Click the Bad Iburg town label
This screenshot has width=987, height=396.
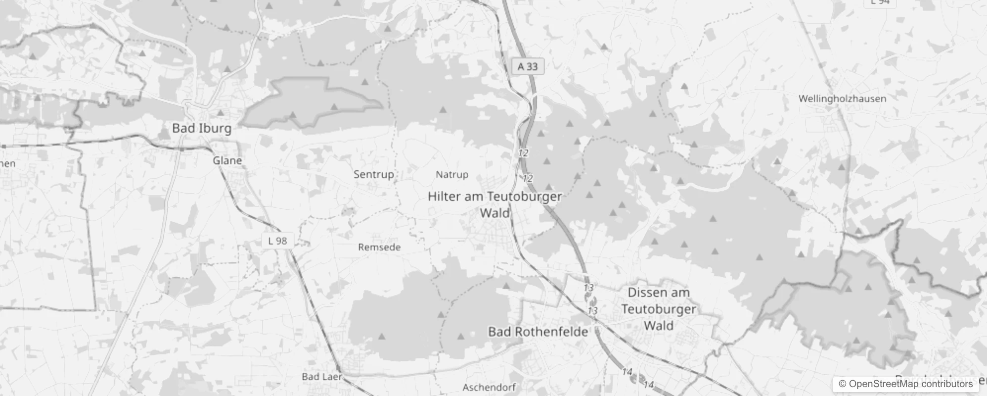pyautogui.click(x=201, y=128)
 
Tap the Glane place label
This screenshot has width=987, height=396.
pyautogui.click(x=227, y=160)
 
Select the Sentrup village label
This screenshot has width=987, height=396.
pyautogui.click(x=373, y=174)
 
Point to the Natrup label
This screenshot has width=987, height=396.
pyautogui.click(x=451, y=175)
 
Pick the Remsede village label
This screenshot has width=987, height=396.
pyautogui.click(x=379, y=247)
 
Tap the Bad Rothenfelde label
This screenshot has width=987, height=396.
pyautogui.click(x=538, y=332)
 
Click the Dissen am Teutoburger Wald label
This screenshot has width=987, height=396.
pyautogui.click(x=658, y=309)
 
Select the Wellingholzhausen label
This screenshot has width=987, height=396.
pyautogui.click(x=842, y=99)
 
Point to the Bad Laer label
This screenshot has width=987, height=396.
pyautogui.click(x=321, y=377)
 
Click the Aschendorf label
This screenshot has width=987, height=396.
pyautogui.click(x=489, y=387)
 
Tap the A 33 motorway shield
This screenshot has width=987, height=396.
pyautogui.click(x=528, y=66)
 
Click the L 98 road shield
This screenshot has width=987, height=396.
pyautogui.click(x=277, y=241)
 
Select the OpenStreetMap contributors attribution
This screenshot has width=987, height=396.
pyautogui.click(x=905, y=384)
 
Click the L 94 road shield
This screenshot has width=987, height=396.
pyautogui.click(x=880, y=2)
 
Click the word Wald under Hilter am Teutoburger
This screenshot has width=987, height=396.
pyautogui.click(x=494, y=213)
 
